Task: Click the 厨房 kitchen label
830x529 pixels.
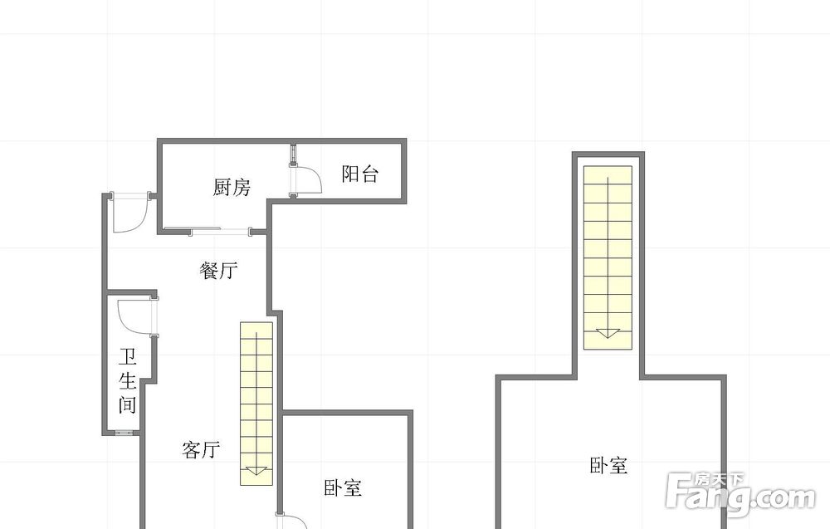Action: [x=232, y=187]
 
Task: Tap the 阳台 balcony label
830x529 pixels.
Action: [x=360, y=174]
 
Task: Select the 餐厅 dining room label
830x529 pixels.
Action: [x=218, y=271]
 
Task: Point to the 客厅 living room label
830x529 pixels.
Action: [x=201, y=449]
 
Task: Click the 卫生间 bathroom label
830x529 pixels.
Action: [x=128, y=380]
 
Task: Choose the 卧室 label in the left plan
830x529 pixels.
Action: [x=343, y=487]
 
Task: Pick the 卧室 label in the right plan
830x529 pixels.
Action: [x=608, y=465]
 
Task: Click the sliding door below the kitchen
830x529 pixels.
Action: [x=207, y=230]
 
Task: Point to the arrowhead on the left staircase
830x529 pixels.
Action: [x=256, y=470]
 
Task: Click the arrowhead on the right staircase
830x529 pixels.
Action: [x=608, y=333]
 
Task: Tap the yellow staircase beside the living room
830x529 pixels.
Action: [x=256, y=404]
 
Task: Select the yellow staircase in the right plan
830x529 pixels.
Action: [x=608, y=257]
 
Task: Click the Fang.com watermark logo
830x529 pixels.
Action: [x=741, y=495]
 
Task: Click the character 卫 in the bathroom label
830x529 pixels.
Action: [x=128, y=357]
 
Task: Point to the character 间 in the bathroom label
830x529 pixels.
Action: [x=128, y=404]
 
